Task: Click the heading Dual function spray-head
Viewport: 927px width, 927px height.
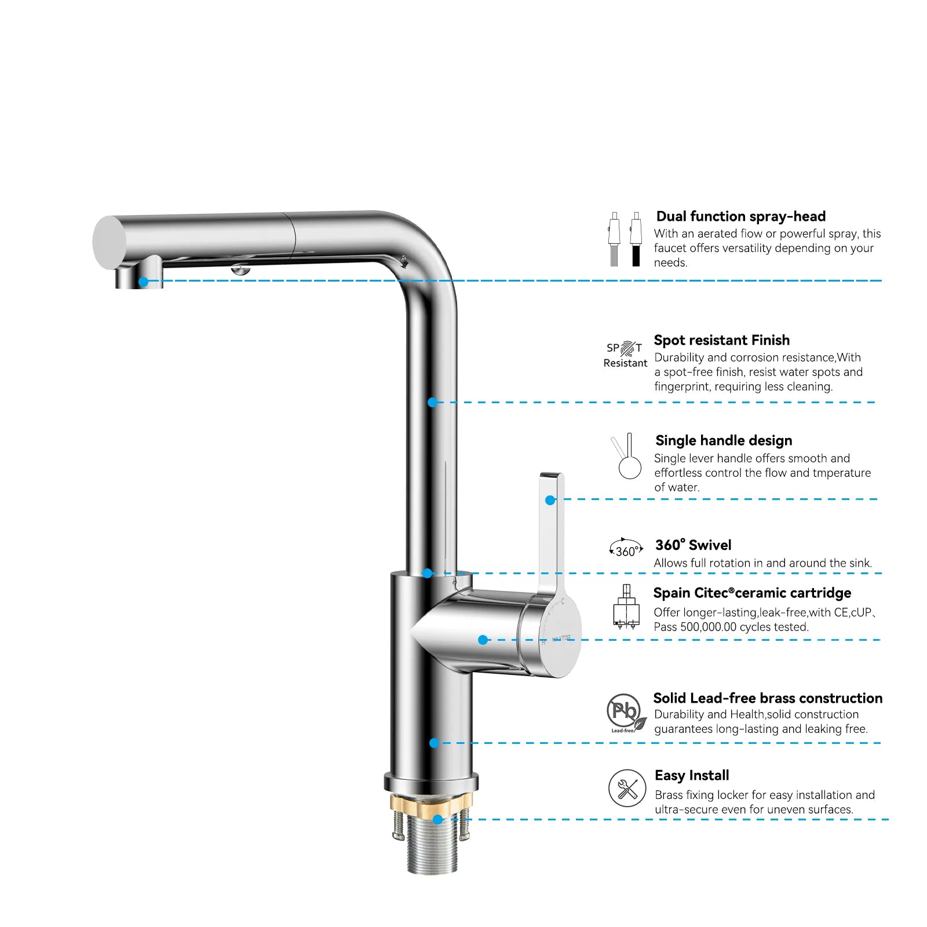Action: pos(740,217)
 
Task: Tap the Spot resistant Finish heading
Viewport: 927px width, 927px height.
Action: pos(721,340)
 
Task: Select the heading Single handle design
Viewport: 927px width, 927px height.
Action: pos(724,441)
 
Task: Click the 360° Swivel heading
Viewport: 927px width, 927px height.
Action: pos(693,545)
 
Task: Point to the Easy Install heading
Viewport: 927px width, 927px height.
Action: pos(692,776)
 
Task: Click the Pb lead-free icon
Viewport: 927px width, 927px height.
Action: pos(626,713)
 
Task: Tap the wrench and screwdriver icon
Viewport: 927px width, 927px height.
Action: pos(627,789)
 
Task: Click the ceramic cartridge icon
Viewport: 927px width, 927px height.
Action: pos(626,607)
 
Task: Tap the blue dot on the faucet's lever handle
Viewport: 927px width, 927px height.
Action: pos(550,500)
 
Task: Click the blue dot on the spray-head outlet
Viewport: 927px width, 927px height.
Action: pos(143,282)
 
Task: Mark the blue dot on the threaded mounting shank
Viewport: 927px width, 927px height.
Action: pos(438,819)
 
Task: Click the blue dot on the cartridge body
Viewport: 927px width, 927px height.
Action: pos(483,640)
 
